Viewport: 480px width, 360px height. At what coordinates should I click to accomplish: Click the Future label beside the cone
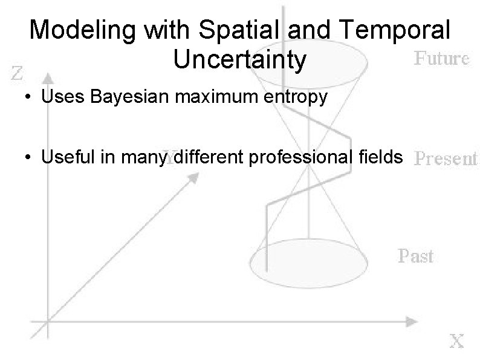pos(442,59)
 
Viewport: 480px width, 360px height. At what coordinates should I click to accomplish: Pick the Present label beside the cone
pos(446,159)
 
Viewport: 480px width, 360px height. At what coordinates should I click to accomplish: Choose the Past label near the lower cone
pos(416,256)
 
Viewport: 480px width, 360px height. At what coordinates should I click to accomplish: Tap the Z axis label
pos(19,74)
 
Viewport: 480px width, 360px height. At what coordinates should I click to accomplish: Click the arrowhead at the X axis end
pos(410,319)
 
